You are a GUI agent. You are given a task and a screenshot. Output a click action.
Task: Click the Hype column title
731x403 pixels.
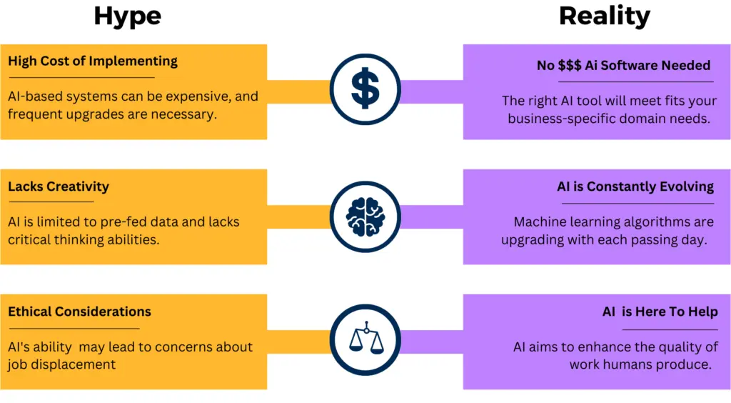point(127,16)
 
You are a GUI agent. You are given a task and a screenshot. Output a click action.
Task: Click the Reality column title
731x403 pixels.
point(604,16)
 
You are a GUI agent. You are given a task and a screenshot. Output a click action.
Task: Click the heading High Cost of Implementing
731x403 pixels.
point(93,61)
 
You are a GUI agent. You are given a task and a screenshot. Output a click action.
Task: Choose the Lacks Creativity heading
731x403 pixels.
point(59,187)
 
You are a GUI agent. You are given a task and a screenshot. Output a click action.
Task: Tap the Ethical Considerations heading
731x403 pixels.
point(79,312)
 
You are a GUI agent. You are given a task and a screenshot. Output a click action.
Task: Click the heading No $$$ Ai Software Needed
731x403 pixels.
point(623,66)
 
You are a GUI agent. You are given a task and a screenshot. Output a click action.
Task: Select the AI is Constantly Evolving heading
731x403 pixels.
point(635,187)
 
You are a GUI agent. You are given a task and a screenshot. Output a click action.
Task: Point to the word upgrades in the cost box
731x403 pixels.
point(94,114)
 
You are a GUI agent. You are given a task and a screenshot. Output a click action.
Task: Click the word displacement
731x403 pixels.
point(79,364)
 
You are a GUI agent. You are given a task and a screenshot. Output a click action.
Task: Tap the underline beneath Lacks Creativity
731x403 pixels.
point(51,201)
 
